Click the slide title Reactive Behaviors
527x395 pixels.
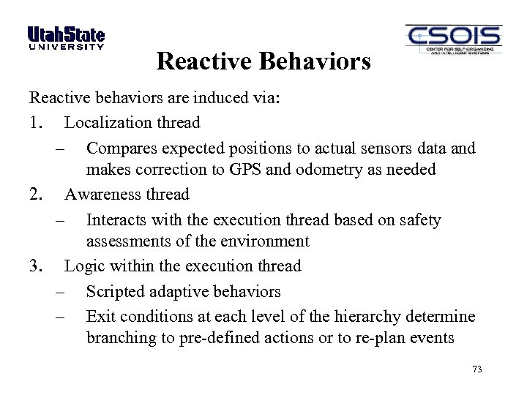(x=263, y=61)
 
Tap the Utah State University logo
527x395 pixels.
(x=66, y=38)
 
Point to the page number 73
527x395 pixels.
(x=477, y=369)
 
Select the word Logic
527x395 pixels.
(x=83, y=266)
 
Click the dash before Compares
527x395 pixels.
(x=61, y=149)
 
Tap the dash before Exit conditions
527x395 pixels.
(x=61, y=317)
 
